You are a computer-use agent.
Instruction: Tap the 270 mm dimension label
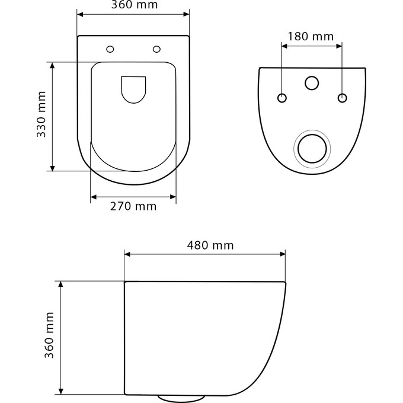pos(133,206)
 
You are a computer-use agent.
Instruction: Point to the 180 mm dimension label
pos(311,36)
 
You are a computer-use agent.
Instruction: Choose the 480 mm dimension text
pos(210,245)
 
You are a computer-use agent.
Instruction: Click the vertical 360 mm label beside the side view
pos(50,335)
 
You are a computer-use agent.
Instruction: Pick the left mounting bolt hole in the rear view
pos(282,97)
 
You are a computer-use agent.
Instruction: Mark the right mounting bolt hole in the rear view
pos(342,97)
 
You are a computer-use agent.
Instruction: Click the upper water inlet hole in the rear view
pos(312,83)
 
